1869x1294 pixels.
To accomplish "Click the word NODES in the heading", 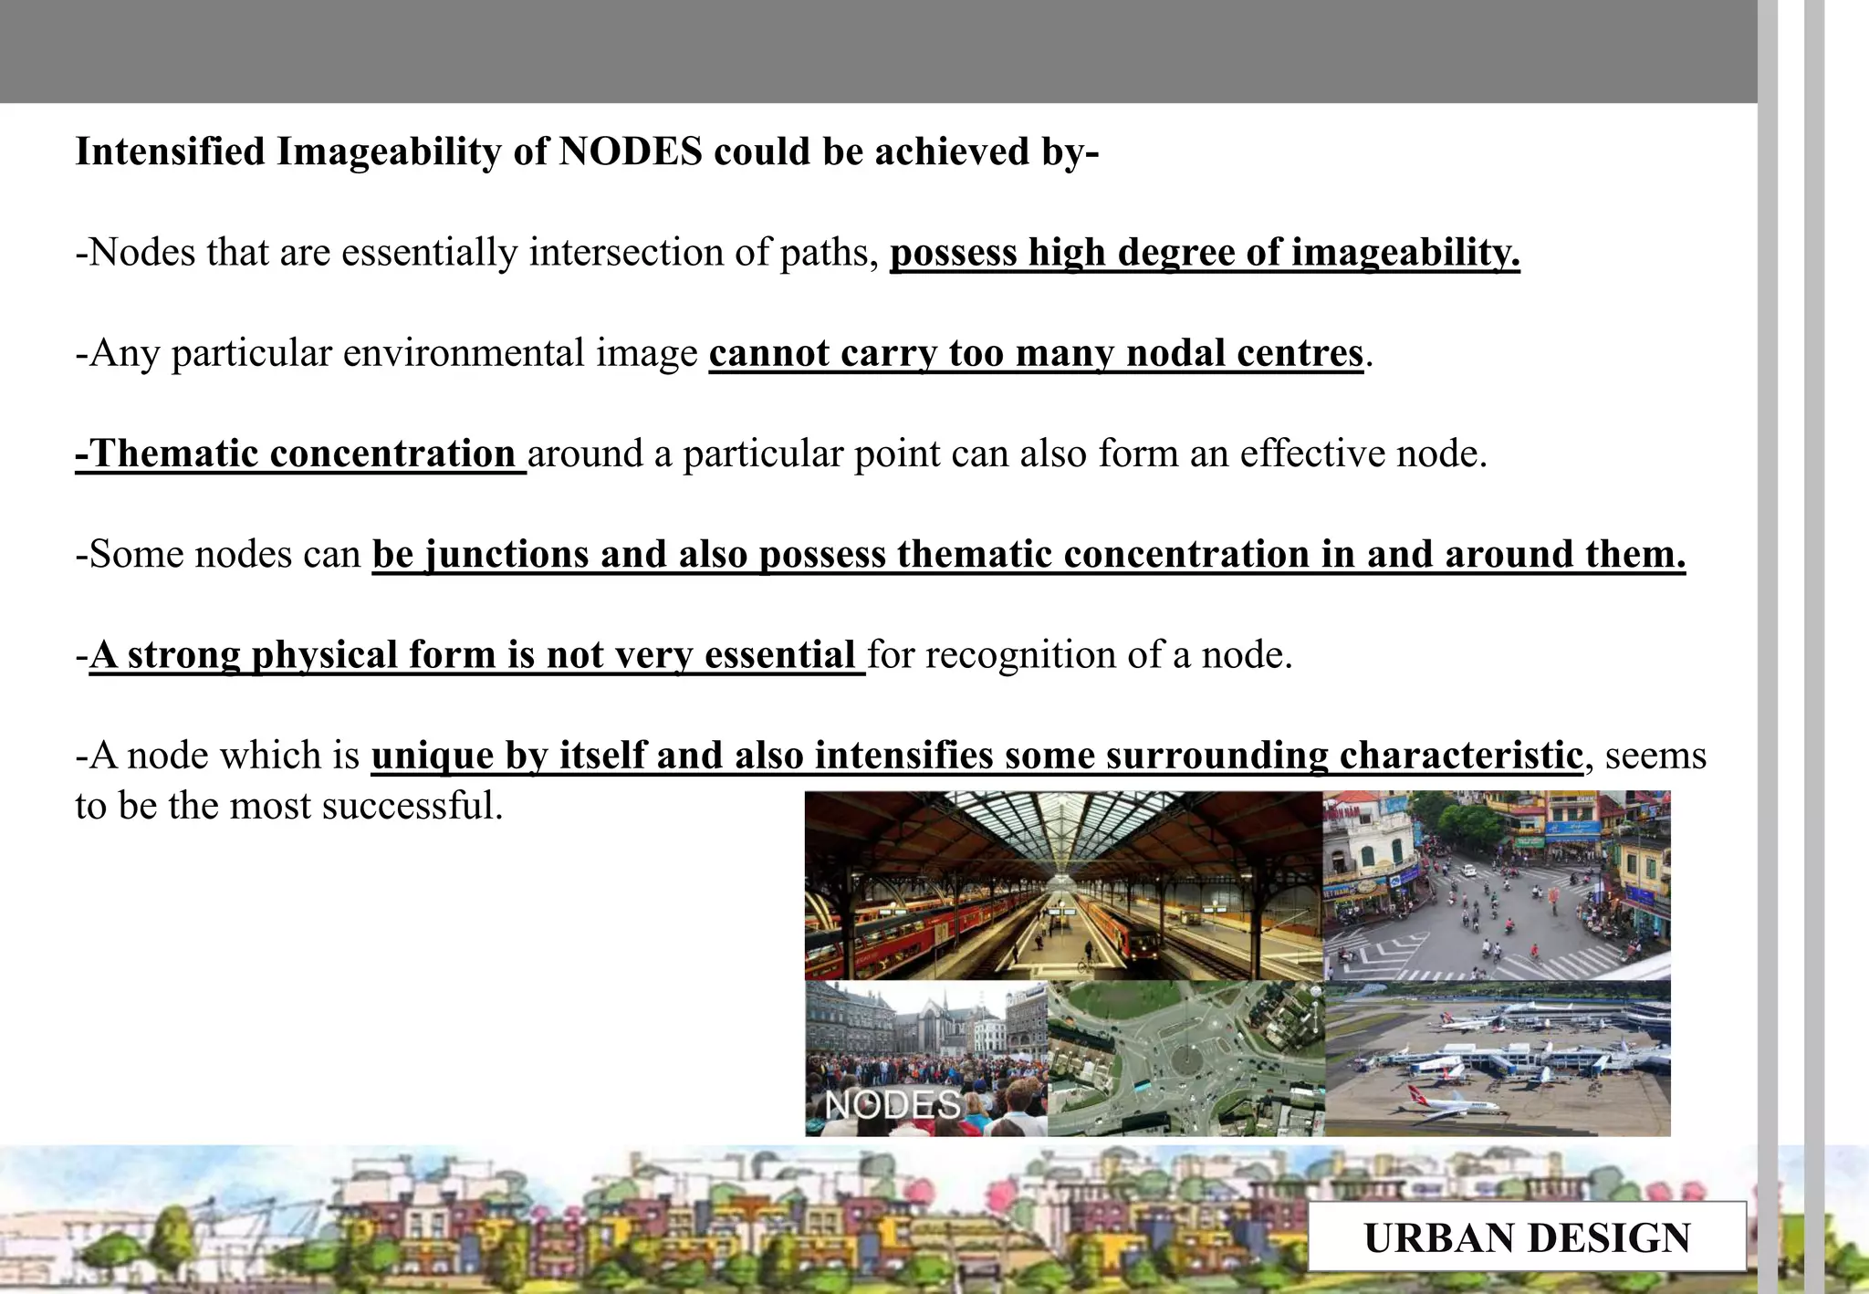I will pyautogui.click(x=631, y=151).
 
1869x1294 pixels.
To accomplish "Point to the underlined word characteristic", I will pyautogui.click(x=1460, y=756).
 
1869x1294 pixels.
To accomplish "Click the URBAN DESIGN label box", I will pyautogui.click(x=1527, y=1237).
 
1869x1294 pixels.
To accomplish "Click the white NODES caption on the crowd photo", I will pyautogui.click(x=893, y=1105).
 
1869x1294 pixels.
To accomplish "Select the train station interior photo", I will pyautogui.click(x=1063, y=885).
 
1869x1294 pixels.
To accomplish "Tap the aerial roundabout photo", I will pyautogui.click(x=1185, y=1059).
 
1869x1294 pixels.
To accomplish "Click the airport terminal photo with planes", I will pyautogui.click(x=1498, y=1059).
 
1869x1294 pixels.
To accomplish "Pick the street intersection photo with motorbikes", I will pyautogui.click(x=1497, y=885).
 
